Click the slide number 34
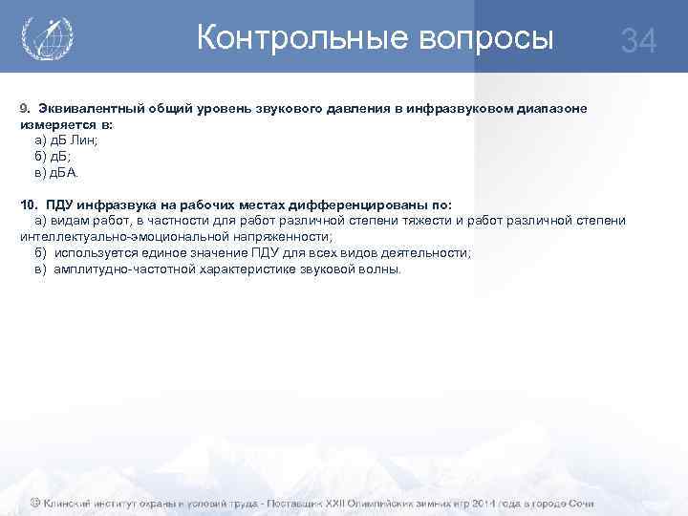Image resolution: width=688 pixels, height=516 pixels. pyautogui.click(x=638, y=41)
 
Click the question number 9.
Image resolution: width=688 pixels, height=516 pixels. pyautogui.click(x=26, y=109)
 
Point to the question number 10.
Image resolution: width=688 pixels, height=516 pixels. pyautogui.click(x=29, y=205)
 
